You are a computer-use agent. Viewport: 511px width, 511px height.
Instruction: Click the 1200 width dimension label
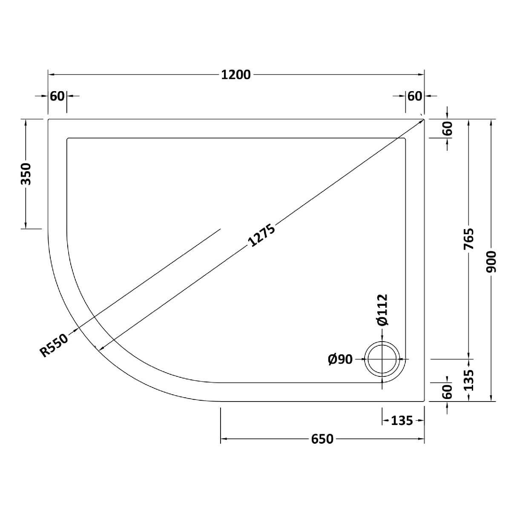[235, 75]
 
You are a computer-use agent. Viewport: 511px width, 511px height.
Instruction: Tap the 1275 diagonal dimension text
[261, 235]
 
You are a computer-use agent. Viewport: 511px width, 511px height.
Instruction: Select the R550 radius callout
[54, 345]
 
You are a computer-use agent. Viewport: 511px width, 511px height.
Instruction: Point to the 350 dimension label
[26, 174]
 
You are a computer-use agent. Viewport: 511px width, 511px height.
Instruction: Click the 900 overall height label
[491, 262]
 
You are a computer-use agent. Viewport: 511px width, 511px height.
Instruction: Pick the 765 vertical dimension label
[468, 239]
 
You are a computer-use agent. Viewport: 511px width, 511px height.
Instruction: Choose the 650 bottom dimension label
[322, 439]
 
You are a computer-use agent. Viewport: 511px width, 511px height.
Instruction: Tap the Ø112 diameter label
[382, 310]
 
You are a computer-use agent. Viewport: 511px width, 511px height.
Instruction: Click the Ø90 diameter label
[340, 359]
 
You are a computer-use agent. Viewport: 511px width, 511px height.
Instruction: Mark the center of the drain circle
[382, 359]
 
